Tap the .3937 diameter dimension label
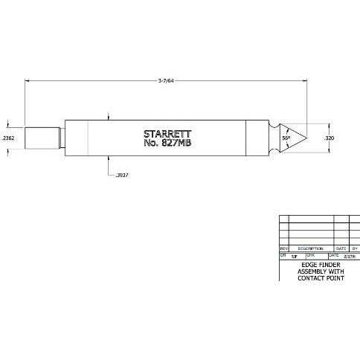(x=123, y=175)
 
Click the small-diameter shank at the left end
(x=42, y=138)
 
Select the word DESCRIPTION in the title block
(x=310, y=248)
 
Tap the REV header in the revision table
(x=283, y=248)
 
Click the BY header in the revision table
(x=355, y=248)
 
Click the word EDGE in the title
(x=309, y=264)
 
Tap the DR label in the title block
(x=283, y=256)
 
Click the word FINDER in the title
(x=327, y=264)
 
